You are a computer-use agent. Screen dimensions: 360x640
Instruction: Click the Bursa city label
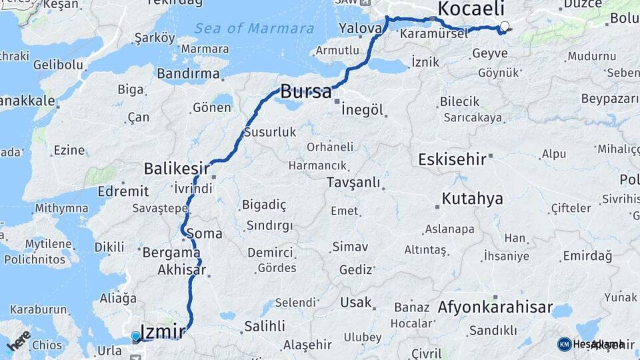pos(305,92)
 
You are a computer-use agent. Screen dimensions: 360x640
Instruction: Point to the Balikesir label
pos(177,169)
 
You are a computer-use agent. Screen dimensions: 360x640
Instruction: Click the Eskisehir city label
pos(451,160)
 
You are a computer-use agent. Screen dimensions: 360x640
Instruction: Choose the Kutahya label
pos(472,199)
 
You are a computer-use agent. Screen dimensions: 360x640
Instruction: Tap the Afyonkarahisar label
pos(495,308)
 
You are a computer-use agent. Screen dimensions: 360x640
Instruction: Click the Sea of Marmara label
pos(254,29)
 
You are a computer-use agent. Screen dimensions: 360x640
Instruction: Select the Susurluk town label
pos(270,132)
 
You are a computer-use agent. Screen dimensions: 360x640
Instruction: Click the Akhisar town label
pos(181,271)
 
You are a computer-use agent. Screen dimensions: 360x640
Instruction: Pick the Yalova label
pos(360,29)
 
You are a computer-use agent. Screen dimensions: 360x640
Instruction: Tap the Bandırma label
pos(188,73)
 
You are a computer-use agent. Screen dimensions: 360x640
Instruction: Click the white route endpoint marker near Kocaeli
pos(505,27)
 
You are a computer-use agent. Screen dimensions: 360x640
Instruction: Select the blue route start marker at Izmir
pos(136,337)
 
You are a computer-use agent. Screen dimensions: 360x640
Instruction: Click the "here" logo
pos(19,341)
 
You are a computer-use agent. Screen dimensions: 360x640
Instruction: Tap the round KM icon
pos(564,344)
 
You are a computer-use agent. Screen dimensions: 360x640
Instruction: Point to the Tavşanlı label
pos(353,183)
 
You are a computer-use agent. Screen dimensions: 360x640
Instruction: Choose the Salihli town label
pos(265,326)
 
